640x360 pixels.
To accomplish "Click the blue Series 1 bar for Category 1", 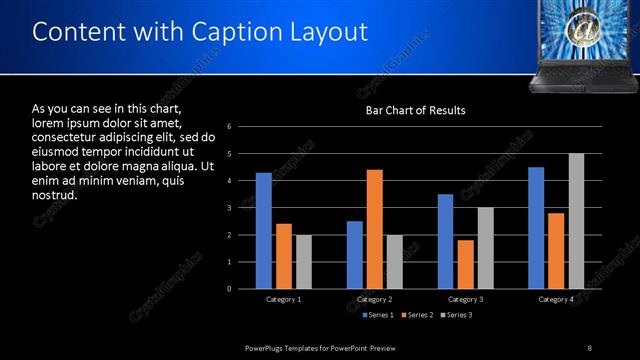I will [x=264, y=231].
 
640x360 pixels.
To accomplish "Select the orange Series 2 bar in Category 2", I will [x=375, y=229].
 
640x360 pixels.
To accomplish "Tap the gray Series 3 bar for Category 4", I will [x=576, y=221].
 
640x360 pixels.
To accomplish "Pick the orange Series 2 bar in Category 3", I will [x=465, y=264].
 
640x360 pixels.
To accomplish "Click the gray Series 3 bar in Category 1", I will [x=304, y=262].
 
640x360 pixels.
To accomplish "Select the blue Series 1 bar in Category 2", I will [x=355, y=255].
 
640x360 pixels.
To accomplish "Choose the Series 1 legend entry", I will [x=377, y=316].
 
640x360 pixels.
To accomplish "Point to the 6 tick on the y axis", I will [x=230, y=127].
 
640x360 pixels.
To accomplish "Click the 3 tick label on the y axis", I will [x=230, y=208].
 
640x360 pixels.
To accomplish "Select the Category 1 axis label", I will [x=284, y=299].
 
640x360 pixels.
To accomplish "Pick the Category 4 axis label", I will [x=556, y=299].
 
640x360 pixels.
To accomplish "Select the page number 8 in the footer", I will [x=590, y=347].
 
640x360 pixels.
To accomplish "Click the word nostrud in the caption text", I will [x=55, y=195].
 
